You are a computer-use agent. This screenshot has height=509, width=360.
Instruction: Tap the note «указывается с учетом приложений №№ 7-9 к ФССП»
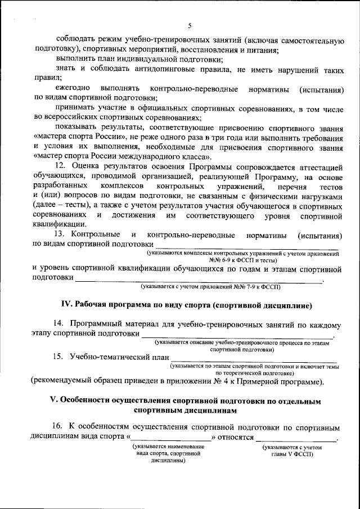point(211,287)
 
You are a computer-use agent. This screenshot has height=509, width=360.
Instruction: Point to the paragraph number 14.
point(58,324)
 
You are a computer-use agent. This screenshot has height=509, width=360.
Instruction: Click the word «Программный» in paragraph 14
point(96,324)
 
